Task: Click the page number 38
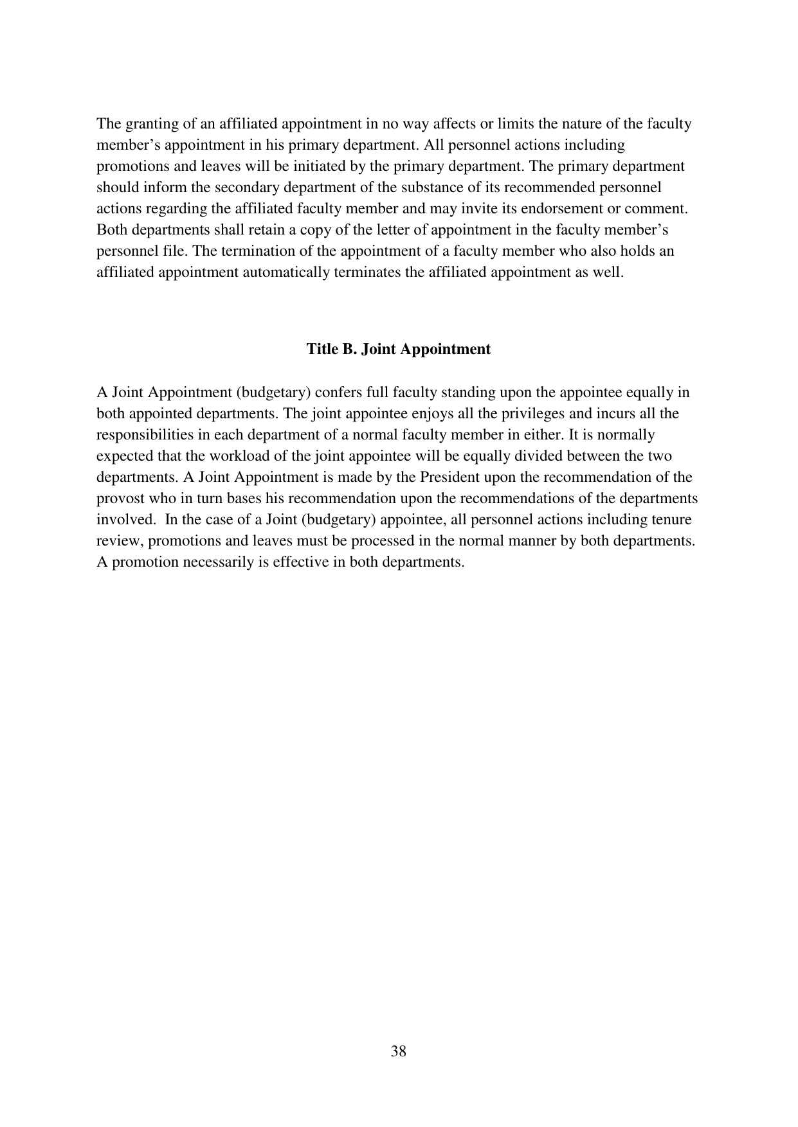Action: (398, 1051)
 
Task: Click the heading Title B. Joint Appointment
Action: (398, 349)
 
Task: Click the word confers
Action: (340, 393)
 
